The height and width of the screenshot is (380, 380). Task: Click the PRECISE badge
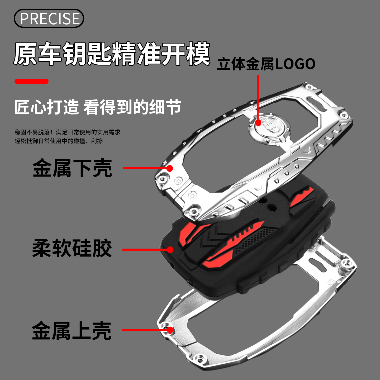point(49,18)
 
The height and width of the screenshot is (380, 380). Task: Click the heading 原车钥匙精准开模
point(112,54)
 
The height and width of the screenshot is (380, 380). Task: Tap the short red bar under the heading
point(31,81)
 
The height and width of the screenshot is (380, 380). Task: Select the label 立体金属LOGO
point(266,64)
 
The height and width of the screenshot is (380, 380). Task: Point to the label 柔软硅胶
point(72,248)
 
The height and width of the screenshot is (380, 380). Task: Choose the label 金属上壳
point(72,331)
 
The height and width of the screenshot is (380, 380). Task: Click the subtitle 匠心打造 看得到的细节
point(98,107)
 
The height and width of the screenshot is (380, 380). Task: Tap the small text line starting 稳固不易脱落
point(68,132)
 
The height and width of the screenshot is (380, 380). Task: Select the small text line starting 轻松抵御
point(59,141)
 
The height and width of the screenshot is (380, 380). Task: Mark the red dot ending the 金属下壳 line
point(170,168)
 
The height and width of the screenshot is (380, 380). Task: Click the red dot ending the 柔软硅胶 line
point(170,249)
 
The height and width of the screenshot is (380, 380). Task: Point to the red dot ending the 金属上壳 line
point(170,330)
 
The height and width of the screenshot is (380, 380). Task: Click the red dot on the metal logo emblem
point(258,122)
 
